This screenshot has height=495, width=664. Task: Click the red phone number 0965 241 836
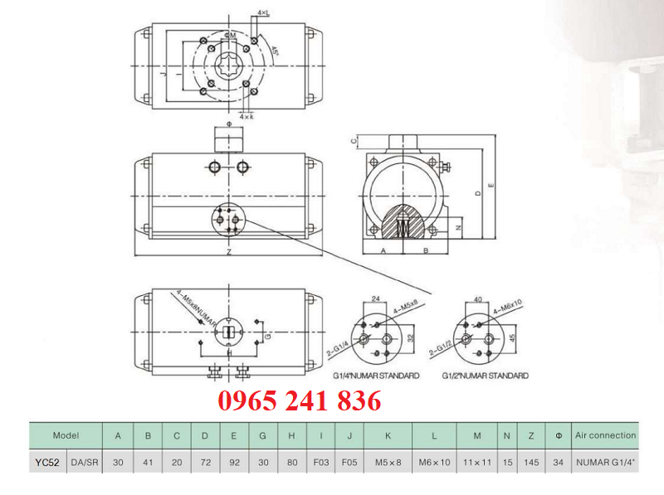click(300, 402)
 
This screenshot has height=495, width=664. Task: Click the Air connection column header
click(605, 435)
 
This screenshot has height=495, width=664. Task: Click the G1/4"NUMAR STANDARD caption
click(376, 376)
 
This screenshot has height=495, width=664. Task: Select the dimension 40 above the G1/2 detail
click(477, 298)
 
